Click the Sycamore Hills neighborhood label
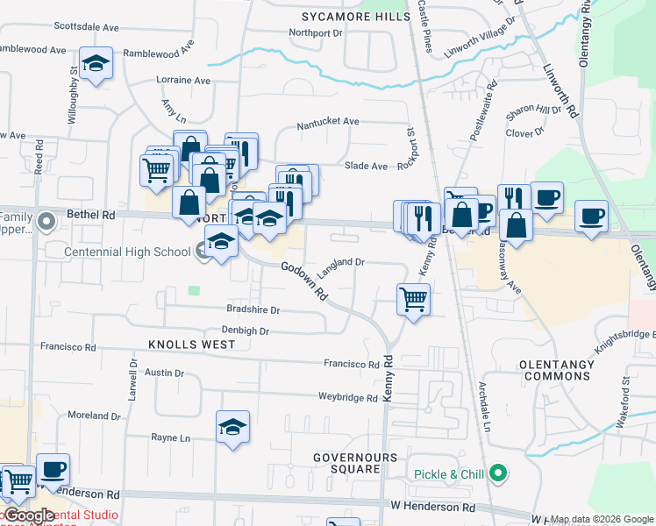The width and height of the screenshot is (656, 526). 355,17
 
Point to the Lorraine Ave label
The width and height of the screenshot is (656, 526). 183,80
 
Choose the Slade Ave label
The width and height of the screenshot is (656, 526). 366,166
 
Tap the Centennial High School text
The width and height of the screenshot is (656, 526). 127,252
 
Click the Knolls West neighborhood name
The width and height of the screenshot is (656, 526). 192,345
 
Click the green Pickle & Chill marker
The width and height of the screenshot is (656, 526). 499,474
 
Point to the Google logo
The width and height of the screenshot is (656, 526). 28,516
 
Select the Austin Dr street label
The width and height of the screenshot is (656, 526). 164,373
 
